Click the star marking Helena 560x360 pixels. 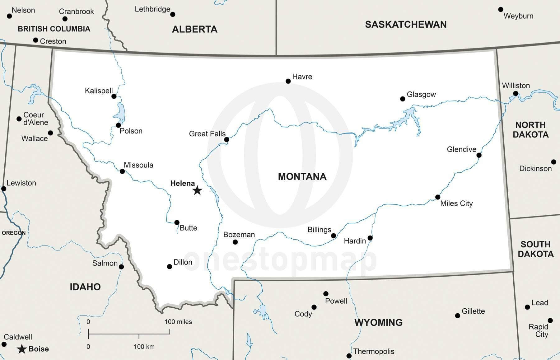[x=197, y=190]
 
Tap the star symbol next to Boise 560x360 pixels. [x=21, y=349]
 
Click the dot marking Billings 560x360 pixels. [x=334, y=236]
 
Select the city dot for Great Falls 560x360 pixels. [x=226, y=139]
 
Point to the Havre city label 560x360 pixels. [x=302, y=77]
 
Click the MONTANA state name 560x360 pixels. [x=302, y=177]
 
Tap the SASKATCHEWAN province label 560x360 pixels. [x=405, y=25]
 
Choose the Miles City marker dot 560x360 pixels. [x=437, y=197]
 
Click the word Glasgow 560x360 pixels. [x=421, y=94]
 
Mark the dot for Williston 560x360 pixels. [x=516, y=93]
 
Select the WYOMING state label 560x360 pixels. [x=378, y=322]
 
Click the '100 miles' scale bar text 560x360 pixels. [x=178, y=322]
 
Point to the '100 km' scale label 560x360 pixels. [x=144, y=347]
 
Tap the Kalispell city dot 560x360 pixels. [x=114, y=96]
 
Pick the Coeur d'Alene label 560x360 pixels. [x=35, y=119]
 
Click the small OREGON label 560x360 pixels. [x=14, y=233]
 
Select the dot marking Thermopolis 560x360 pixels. [x=349, y=356]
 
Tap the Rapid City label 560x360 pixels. [x=539, y=330]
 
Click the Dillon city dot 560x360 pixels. [x=169, y=267]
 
